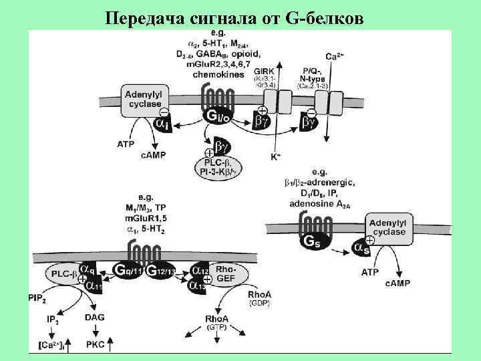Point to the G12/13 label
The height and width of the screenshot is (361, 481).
pos(162,271)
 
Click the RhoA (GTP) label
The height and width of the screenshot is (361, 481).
pos(216,323)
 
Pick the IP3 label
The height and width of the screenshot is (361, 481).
pos(54,320)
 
